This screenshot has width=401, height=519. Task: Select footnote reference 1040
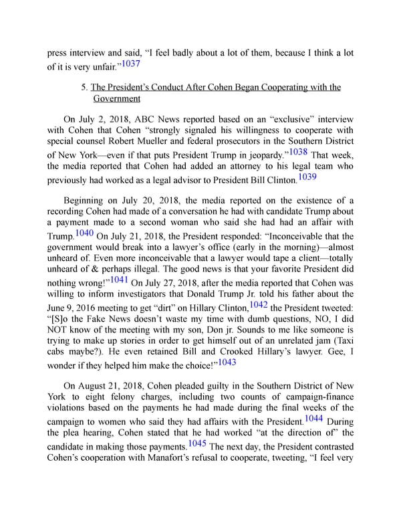point(85,233)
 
